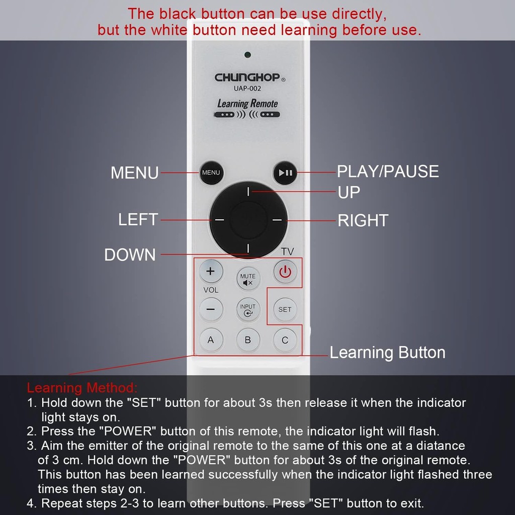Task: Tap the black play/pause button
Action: [x=285, y=173]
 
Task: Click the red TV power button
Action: [x=285, y=272]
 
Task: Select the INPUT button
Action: [x=248, y=310]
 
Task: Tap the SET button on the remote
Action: [x=285, y=309]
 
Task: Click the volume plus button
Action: [x=211, y=271]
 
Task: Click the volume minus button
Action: [x=211, y=309]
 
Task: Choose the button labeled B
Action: [x=248, y=340]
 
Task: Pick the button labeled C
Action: [x=285, y=340]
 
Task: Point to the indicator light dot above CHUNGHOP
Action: [x=247, y=55]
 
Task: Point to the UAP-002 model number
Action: [x=247, y=89]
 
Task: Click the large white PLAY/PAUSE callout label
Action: [x=388, y=171]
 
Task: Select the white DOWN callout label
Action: [x=130, y=255]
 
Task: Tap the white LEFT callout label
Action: [x=138, y=219]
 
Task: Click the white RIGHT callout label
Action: [x=363, y=220]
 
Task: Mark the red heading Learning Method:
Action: [x=82, y=388]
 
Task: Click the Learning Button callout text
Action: [x=388, y=353]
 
